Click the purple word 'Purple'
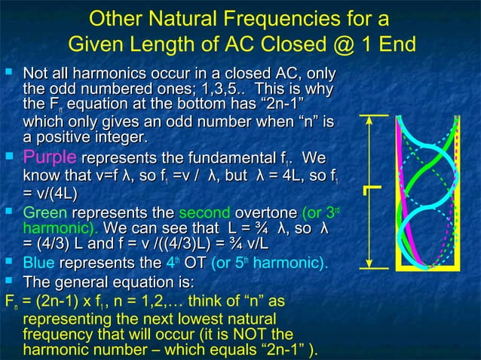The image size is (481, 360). click(50, 159)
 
